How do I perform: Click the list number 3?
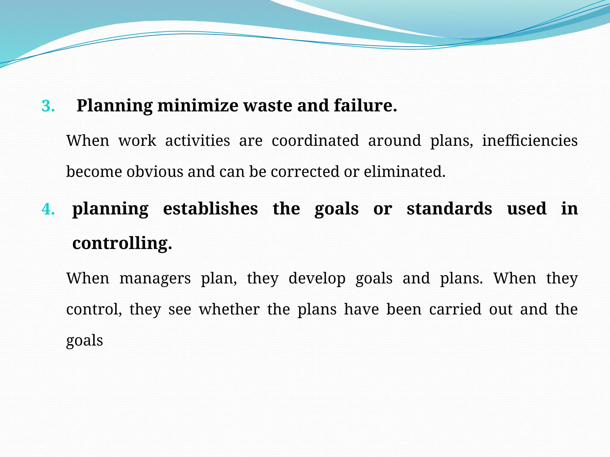(48, 106)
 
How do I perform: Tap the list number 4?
(48, 209)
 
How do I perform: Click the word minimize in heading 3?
(198, 106)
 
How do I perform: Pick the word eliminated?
(404, 172)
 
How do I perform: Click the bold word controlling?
(122, 243)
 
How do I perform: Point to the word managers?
(155, 278)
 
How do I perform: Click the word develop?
(317, 279)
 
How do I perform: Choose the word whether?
(229, 309)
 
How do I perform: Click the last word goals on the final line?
(85, 341)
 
